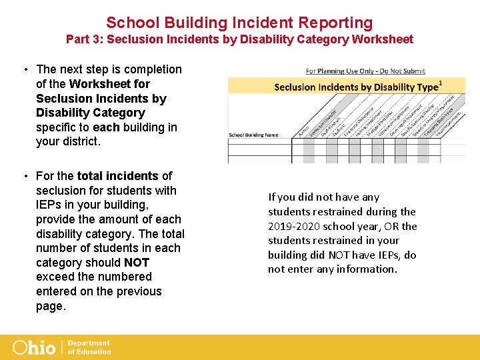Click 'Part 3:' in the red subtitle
coord(83,39)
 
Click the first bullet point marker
coord(24,69)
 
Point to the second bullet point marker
coord(24,176)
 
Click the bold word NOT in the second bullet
coord(137,263)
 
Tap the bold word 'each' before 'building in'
coord(106,127)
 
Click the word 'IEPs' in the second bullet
coord(50,205)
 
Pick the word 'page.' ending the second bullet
coord(51,306)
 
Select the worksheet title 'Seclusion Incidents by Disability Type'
coord(356,87)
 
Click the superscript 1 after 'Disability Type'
coord(441,83)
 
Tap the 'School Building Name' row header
coord(253,135)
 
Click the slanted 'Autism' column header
coord(303,133)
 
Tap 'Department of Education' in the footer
coord(89,347)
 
